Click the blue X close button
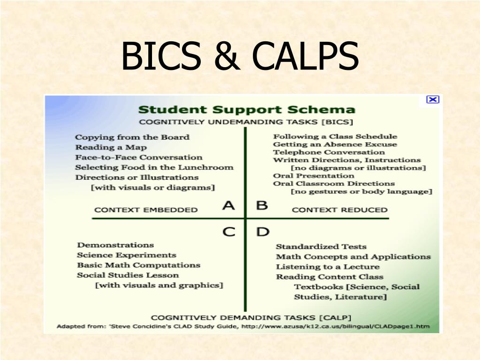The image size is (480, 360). coord(433,99)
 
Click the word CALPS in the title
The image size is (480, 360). coord(305,56)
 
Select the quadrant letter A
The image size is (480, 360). coord(229,205)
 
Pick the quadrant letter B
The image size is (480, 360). coord(262,205)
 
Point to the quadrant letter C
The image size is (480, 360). coord(229,232)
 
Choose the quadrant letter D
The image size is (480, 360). coord(263,232)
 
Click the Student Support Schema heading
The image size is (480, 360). coord(247,109)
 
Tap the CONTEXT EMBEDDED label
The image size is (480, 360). coord(146,210)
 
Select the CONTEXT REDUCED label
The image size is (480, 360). coord(340,210)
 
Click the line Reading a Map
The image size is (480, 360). coord(111,147)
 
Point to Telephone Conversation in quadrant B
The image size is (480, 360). coord(329,152)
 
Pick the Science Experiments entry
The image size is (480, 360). coord(127,255)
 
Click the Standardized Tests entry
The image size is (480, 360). coord(321,246)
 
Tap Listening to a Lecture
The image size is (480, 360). coord(328,267)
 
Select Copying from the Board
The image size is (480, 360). coord(132,137)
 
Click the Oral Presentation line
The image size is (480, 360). coord(314,176)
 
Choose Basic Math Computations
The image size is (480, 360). coord(139,265)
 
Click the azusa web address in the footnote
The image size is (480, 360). coord(335,326)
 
